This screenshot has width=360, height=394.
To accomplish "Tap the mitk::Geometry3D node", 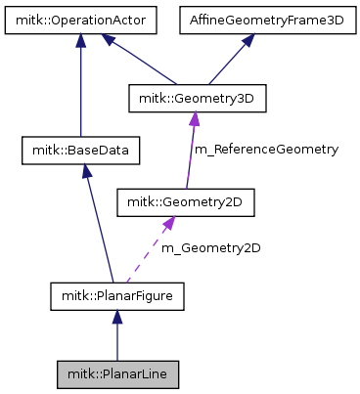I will (197, 99).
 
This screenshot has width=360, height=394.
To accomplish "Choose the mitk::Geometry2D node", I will (185, 202).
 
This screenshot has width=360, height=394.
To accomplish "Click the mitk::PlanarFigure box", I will (117, 292).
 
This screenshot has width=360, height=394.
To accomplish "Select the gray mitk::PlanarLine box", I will (117, 374).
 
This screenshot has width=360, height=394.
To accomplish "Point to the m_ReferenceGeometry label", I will (266, 150).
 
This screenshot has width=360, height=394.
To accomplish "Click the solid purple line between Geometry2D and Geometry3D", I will (192, 156).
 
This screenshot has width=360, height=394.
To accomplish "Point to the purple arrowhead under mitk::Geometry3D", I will (196, 117).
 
